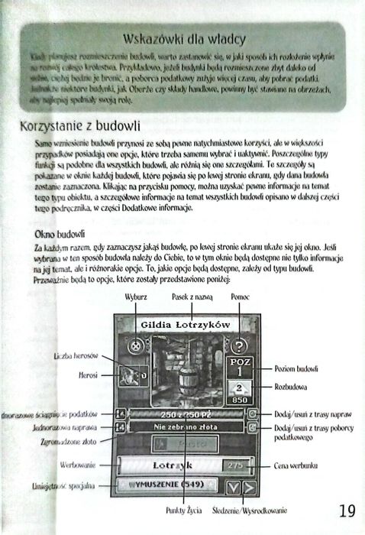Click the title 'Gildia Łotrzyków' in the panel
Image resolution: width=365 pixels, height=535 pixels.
tap(181, 325)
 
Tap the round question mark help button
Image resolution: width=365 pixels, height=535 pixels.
tap(237, 345)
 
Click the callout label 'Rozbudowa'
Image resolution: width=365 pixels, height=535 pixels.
tap(290, 387)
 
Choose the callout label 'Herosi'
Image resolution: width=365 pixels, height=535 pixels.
tap(86, 376)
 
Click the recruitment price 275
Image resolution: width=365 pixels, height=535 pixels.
tap(234, 465)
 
